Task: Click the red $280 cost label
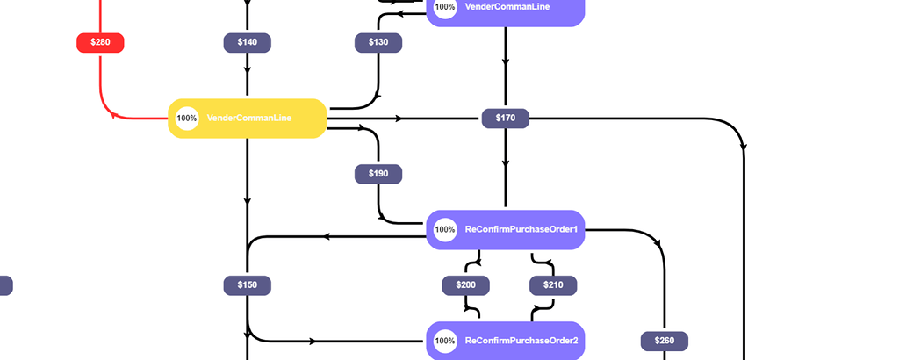click(100, 42)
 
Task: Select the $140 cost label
click(247, 42)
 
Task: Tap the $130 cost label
click(378, 42)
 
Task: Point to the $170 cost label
click(505, 118)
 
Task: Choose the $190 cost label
click(378, 174)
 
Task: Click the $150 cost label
click(247, 285)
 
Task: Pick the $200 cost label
click(465, 285)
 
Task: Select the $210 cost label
click(553, 285)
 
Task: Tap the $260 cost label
click(664, 341)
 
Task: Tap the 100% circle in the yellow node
click(187, 118)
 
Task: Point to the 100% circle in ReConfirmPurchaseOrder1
click(445, 230)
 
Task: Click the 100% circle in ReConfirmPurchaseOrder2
click(445, 341)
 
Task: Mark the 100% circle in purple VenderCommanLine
click(445, 8)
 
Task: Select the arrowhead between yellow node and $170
click(399, 118)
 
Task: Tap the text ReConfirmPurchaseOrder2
click(521, 341)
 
